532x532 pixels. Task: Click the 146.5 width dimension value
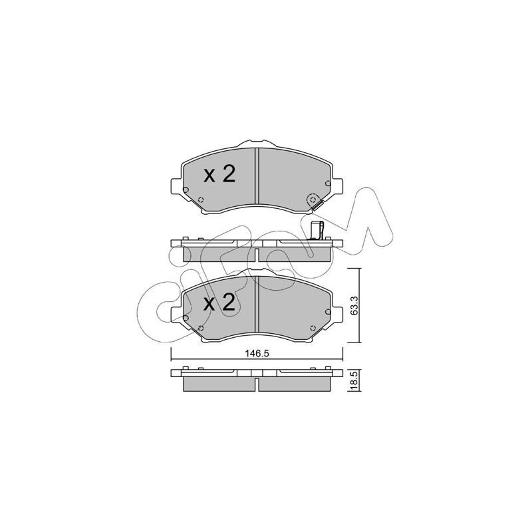point(257,354)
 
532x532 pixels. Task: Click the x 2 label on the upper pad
point(219,174)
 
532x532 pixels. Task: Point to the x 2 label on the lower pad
point(219,303)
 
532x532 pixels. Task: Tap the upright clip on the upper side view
point(317,231)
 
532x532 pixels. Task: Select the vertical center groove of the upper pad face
point(257,176)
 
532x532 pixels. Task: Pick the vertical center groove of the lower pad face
point(257,304)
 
